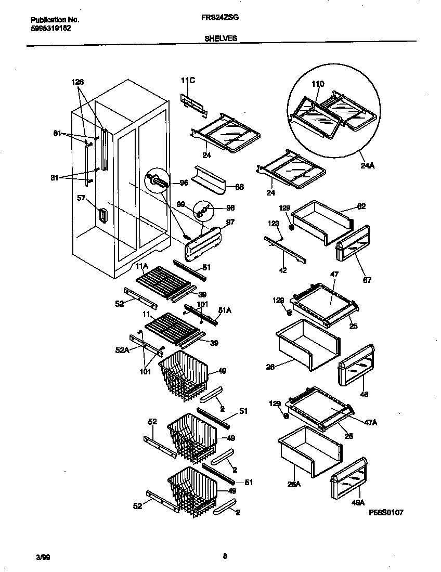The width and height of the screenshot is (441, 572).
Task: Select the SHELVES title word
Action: [220, 38]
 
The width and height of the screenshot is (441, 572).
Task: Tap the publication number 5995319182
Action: [47, 28]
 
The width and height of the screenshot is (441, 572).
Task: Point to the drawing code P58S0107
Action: [386, 512]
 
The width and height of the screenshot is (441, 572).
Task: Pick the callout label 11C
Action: [188, 80]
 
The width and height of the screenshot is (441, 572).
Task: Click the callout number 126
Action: [77, 82]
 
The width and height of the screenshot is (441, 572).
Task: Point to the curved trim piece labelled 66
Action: [208, 180]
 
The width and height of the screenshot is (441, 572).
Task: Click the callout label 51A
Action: [225, 310]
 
